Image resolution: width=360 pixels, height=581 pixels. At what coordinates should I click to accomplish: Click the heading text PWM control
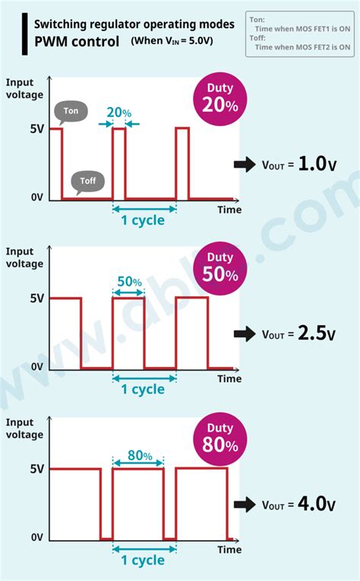(77, 41)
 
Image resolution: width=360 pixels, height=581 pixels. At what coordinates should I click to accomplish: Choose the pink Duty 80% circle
(220, 437)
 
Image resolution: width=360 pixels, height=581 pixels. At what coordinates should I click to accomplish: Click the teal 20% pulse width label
(119, 112)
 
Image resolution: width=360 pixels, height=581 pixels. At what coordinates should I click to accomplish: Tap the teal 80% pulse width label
(139, 456)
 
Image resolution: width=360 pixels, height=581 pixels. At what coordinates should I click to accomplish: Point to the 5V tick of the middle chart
(36, 298)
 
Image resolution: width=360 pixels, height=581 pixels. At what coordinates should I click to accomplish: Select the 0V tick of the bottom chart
(36, 538)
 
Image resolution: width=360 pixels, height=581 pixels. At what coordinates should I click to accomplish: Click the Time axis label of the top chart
(229, 210)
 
